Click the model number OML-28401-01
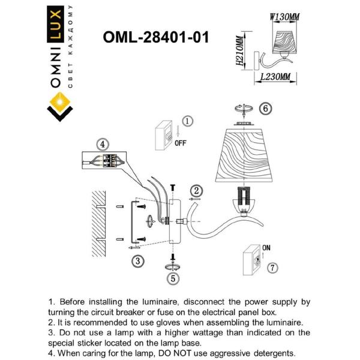click(x=156, y=38)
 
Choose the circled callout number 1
click(x=187, y=122)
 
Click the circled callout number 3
click(x=138, y=261)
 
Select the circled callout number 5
click(x=173, y=278)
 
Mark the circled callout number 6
click(x=265, y=109)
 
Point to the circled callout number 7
click(x=273, y=268)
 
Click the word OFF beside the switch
click(x=181, y=143)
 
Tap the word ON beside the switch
click(x=267, y=247)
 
